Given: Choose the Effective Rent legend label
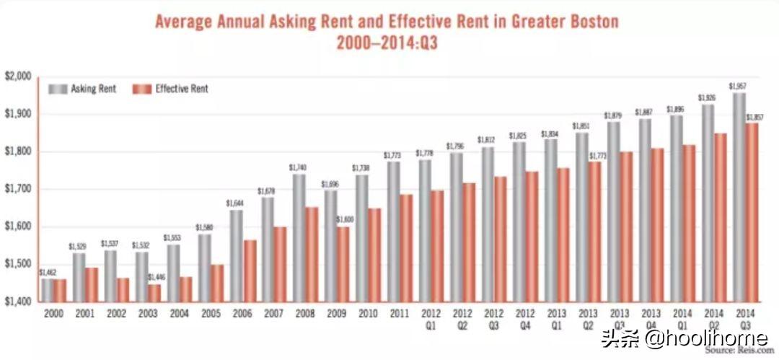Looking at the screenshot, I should click(181, 89).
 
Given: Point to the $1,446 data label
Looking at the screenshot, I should click(157, 277).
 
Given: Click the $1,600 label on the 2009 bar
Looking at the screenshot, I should click(343, 219).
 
